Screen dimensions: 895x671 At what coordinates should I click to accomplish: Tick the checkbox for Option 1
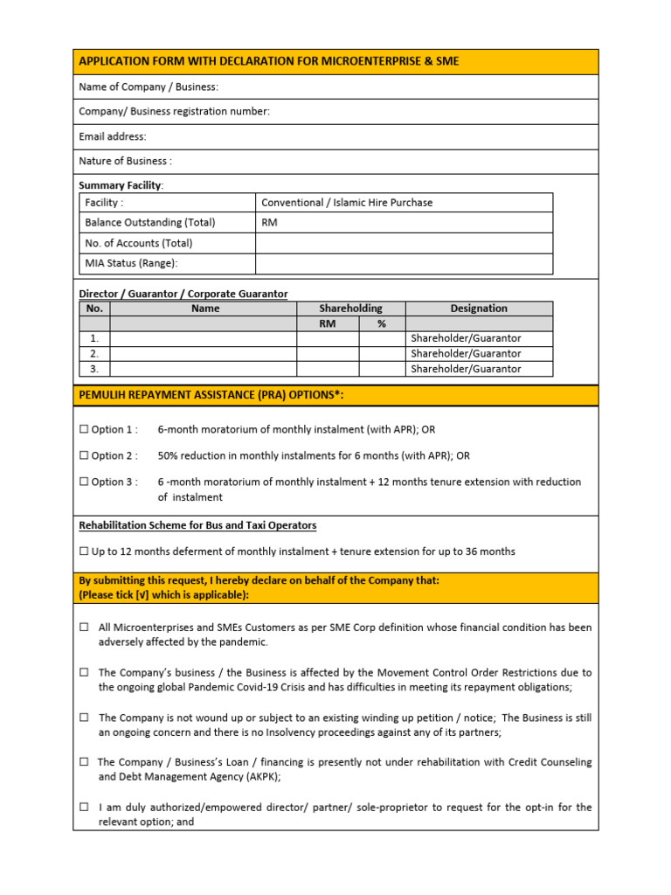(84, 430)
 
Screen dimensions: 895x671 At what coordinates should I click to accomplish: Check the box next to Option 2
(84, 456)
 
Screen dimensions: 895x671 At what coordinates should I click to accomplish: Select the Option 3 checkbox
(84, 482)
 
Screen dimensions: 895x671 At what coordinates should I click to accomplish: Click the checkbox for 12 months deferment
(84, 552)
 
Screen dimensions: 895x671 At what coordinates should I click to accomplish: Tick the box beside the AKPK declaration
(85, 762)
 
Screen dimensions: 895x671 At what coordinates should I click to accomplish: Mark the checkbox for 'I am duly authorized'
(85, 808)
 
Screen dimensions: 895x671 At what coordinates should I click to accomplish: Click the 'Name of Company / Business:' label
(149, 87)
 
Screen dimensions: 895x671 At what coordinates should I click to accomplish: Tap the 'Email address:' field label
(113, 136)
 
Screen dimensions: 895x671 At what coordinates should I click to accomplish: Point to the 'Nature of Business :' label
(125, 161)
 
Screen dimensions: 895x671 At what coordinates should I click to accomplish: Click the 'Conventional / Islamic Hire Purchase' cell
(347, 203)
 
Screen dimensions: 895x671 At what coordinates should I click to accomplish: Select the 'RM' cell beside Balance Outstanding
(269, 223)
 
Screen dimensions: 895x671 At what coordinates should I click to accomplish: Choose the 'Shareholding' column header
(350, 309)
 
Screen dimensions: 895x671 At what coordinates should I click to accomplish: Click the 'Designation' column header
(478, 309)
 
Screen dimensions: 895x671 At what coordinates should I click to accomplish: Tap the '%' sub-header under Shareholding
(382, 323)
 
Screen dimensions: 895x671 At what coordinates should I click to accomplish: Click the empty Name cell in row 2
(204, 354)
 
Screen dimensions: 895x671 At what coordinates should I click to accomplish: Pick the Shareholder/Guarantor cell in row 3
(466, 369)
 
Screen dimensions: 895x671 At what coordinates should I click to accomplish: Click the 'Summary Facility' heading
(120, 185)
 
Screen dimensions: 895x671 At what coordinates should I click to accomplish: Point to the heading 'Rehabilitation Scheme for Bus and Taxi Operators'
(197, 525)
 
